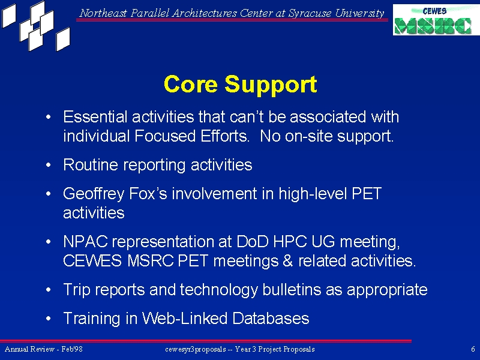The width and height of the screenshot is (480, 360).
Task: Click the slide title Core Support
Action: (241, 84)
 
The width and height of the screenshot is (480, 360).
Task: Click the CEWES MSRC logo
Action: (436, 20)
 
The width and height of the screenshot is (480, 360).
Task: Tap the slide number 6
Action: (473, 349)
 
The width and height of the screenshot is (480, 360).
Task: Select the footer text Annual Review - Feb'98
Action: (43, 349)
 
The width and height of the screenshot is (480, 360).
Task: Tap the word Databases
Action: (271, 319)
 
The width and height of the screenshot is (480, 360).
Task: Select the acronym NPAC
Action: (85, 242)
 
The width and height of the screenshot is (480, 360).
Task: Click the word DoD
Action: (252, 242)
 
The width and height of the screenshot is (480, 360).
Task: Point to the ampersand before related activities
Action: (288, 261)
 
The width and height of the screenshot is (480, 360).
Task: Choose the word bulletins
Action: (292, 290)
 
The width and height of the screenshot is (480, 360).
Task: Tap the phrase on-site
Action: (308, 136)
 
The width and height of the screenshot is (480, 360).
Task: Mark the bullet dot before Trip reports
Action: (48, 290)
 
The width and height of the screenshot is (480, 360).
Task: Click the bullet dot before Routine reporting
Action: (48, 166)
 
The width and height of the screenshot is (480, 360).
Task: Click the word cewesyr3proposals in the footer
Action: (196, 349)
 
